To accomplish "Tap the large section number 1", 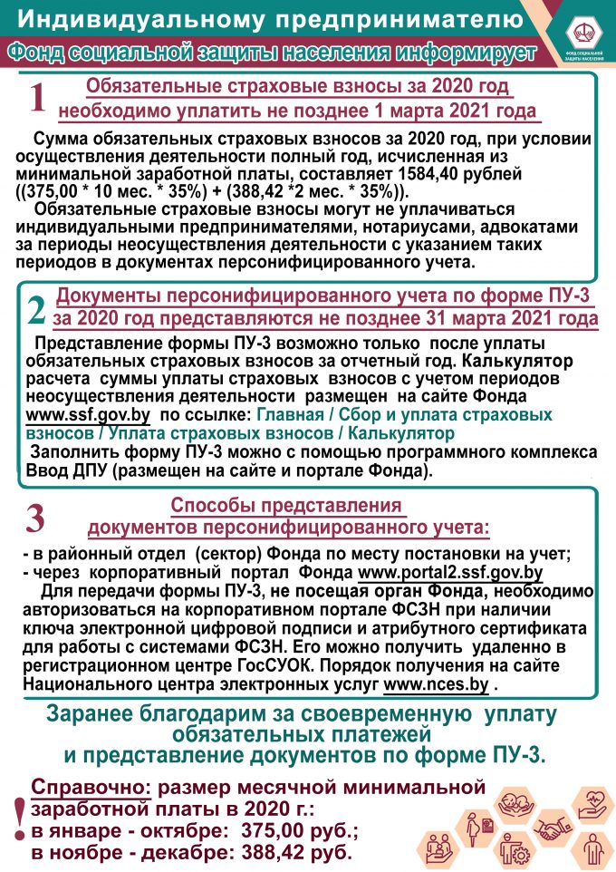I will pyautogui.click(x=37, y=99).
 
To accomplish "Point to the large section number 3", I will pyautogui.click(x=35, y=518).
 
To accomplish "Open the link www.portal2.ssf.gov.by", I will pyautogui.click(x=450, y=572).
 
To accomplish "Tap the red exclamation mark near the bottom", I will pyautogui.click(x=15, y=820).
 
